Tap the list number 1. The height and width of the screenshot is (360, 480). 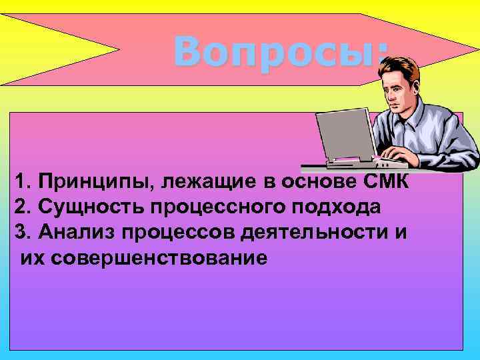pyautogui.click(x=20, y=181)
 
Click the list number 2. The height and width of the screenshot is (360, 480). pyautogui.click(x=20, y=207)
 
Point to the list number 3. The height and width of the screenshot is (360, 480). pyautogui.click(x=20, y=232)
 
